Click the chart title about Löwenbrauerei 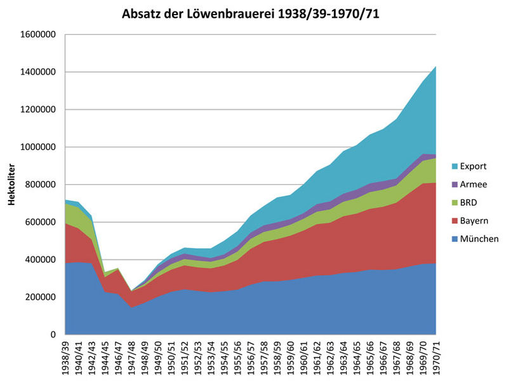pos(251,13)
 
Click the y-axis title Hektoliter pos(11,185)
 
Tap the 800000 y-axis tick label pos(39,185)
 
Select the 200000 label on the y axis pos(39,297)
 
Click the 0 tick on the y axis pos(54,335)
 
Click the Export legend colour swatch pos(453,166)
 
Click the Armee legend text pos(474,185)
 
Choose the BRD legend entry pos(470,203)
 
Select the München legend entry pos(479,239)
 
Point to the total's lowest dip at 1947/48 pos(132,291)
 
